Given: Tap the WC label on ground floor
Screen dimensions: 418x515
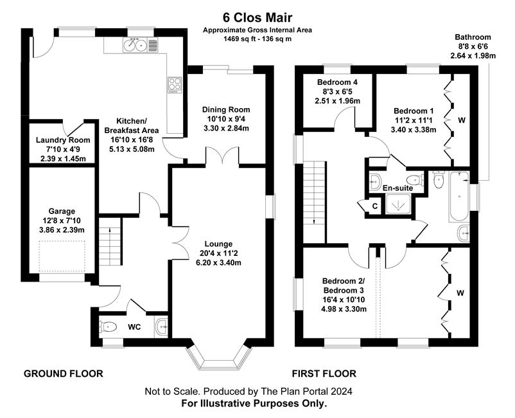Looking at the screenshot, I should (x=134, y=327).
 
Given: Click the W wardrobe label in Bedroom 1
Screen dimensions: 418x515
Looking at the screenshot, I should (x=460, y=120).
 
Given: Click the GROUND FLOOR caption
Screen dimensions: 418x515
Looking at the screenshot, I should (x=63, y=373).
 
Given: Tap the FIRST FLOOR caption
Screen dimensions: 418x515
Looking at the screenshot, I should (x=324, y=373).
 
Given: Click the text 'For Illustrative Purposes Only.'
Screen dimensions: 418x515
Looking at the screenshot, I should (x=254, y=403).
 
